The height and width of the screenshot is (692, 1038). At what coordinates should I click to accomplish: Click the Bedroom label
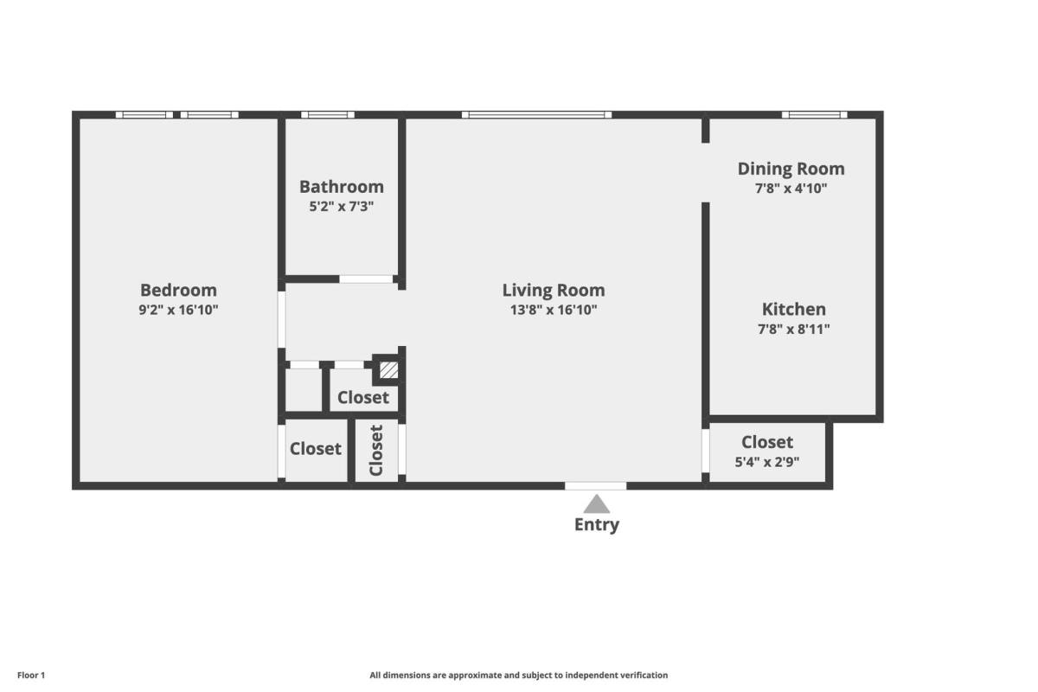click(178, 290)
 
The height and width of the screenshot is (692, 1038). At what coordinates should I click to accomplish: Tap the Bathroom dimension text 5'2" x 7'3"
click(342, 206)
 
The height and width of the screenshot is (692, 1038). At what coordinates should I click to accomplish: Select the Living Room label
click(554, 291)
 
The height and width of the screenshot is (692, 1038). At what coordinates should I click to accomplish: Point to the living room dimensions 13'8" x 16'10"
click(554, 310)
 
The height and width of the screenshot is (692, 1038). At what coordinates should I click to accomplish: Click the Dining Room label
click(791, 170)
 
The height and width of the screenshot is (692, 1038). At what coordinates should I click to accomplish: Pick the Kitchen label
click(794, 309)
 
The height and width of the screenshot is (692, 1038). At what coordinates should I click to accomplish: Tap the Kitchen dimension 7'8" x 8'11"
click(794, 329)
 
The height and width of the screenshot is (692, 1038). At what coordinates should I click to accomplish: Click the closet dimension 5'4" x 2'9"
click(767, 462)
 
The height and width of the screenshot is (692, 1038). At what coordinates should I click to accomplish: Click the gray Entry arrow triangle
click(596, 503)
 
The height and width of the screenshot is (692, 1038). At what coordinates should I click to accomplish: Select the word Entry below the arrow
click(597, 525)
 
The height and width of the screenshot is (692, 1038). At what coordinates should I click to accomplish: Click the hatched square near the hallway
click(388, 370)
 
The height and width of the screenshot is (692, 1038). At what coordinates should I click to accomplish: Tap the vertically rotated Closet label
click(376, 451)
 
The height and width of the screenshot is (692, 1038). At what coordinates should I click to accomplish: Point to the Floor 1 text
click(31, 676)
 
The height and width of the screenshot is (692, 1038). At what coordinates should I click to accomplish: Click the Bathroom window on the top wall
click(328, 114)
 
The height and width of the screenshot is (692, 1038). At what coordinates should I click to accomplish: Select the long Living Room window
click(536, 114)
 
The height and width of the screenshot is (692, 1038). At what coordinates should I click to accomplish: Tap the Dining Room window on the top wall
click(815, 114)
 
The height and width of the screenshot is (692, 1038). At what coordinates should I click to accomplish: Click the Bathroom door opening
click(366, 279)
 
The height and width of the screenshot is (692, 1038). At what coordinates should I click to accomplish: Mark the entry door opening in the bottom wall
click(595, 486)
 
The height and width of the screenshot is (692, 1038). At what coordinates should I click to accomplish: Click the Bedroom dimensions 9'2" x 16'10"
click(178, 310)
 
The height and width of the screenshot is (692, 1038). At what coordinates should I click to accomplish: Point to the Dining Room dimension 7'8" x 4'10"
click(791, 189)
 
